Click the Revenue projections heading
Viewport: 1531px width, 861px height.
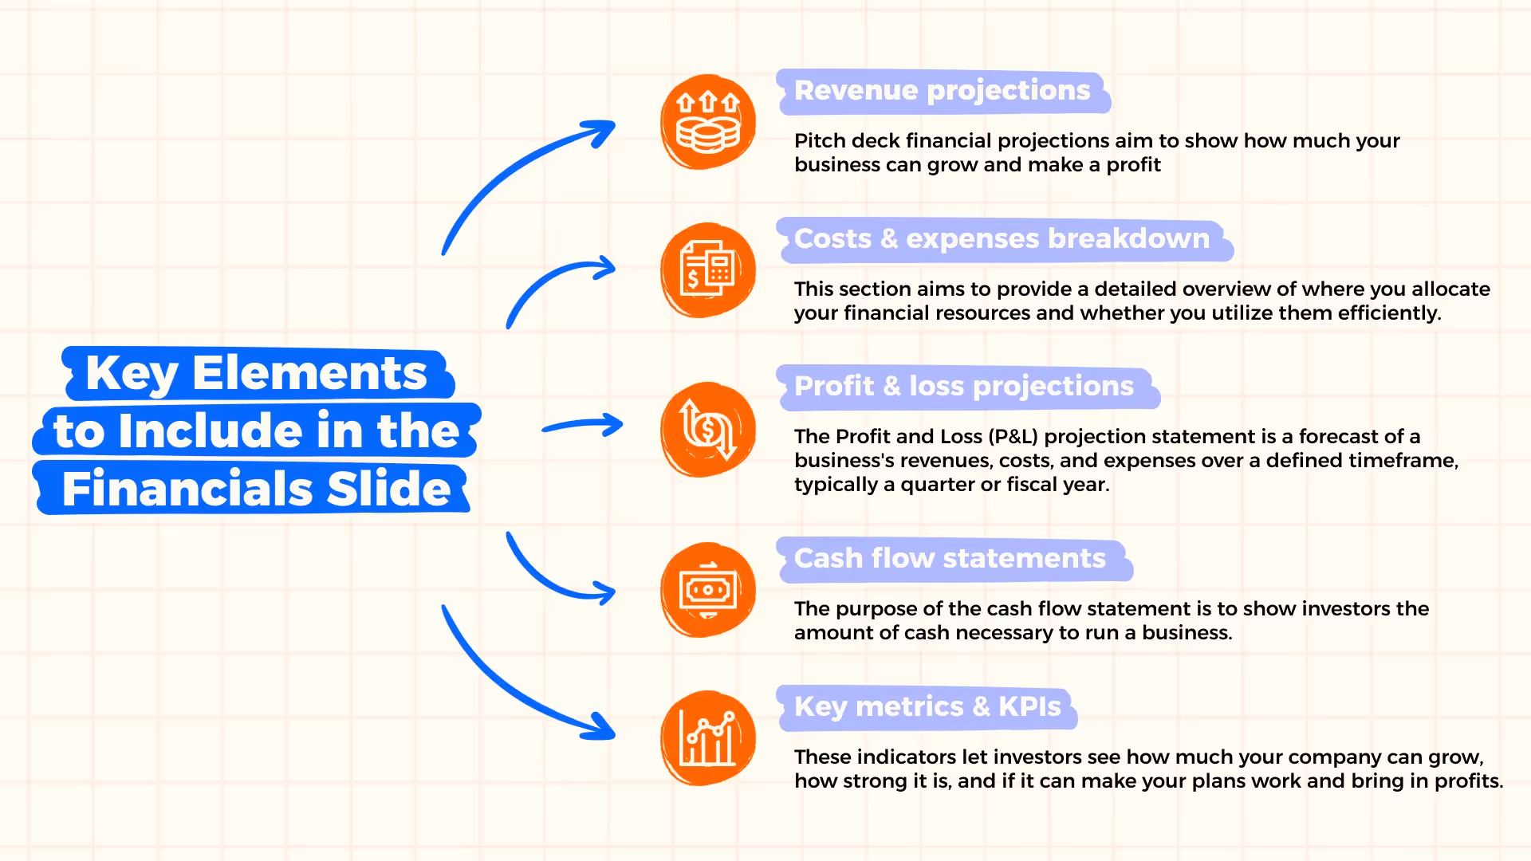tap(942, 91)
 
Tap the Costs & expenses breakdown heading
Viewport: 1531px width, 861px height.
tap(1002, 239)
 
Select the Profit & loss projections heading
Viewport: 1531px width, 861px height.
tap(963, 387)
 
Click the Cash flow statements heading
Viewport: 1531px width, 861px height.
tap(950, 559)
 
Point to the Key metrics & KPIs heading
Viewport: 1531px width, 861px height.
tap(927, 707)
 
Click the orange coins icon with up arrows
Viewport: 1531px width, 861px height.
tap(708, 122)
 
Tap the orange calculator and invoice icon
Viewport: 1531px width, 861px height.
tap(708, 270)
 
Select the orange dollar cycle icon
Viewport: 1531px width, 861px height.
tap(708, 430)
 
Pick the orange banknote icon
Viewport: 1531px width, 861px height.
tap(708, 590)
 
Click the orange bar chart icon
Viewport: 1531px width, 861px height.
tap(708, 738)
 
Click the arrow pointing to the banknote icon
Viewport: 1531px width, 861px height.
tap(558, 578)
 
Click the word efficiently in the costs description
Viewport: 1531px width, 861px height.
tap(1389, 313)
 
